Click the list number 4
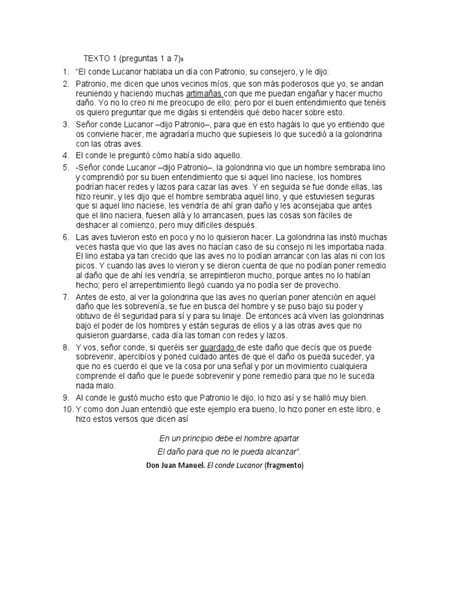point(66,155)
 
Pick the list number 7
point(66,298)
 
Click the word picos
point(86,265)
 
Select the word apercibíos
point(152,357)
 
